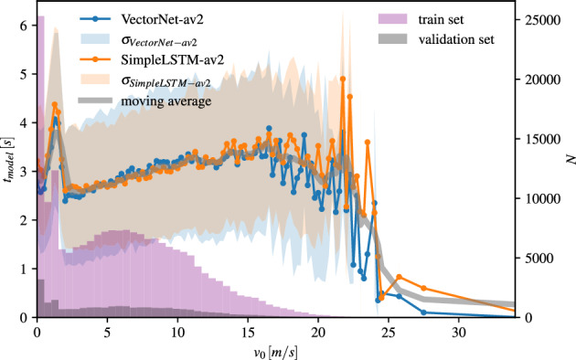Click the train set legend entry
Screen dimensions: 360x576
(443, 19)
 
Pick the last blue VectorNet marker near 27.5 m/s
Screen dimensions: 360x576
(423, 312)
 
